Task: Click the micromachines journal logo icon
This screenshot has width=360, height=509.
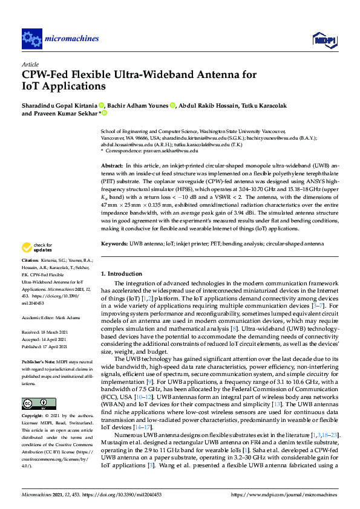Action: pos(31,39)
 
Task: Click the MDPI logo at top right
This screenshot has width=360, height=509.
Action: pos(322,40)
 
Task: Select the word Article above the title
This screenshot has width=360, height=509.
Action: pos(30,64)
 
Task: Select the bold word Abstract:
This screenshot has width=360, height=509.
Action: pos(112,165)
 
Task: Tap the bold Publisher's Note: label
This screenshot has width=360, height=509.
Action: pos(39,361)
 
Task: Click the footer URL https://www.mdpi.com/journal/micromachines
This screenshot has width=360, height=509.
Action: pos(284,494)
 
